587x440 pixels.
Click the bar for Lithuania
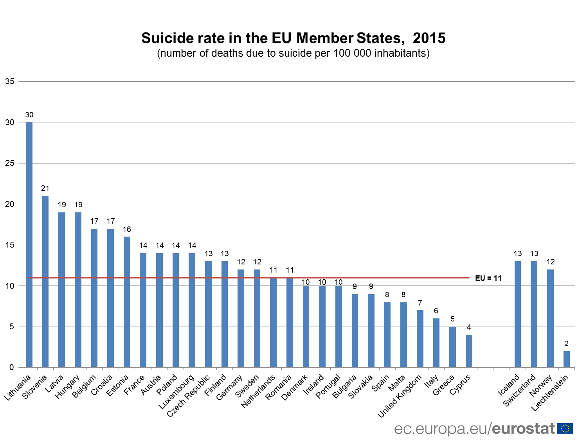point(29,244)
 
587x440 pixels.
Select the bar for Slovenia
point(45,282)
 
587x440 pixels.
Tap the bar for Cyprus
point(469,351)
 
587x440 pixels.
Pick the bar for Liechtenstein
point(566,359)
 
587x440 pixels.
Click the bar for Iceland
point(518,314)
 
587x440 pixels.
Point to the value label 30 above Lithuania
point(29,115)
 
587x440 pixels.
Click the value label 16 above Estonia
point(127,229)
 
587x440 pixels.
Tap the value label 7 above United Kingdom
point(420,303)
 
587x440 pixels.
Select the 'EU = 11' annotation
point(488,278)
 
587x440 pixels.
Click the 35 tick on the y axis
point(10,81)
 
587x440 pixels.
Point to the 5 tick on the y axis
point(12,327)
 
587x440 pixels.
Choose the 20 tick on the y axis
point(10,204)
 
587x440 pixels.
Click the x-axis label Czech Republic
point(189,396)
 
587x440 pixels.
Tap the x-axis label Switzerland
point(519,390)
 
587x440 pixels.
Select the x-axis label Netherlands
point(258,392)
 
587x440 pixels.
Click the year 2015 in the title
point(429,38)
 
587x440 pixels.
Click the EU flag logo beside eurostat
point(565,429)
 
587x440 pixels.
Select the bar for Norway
point(550,318)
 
